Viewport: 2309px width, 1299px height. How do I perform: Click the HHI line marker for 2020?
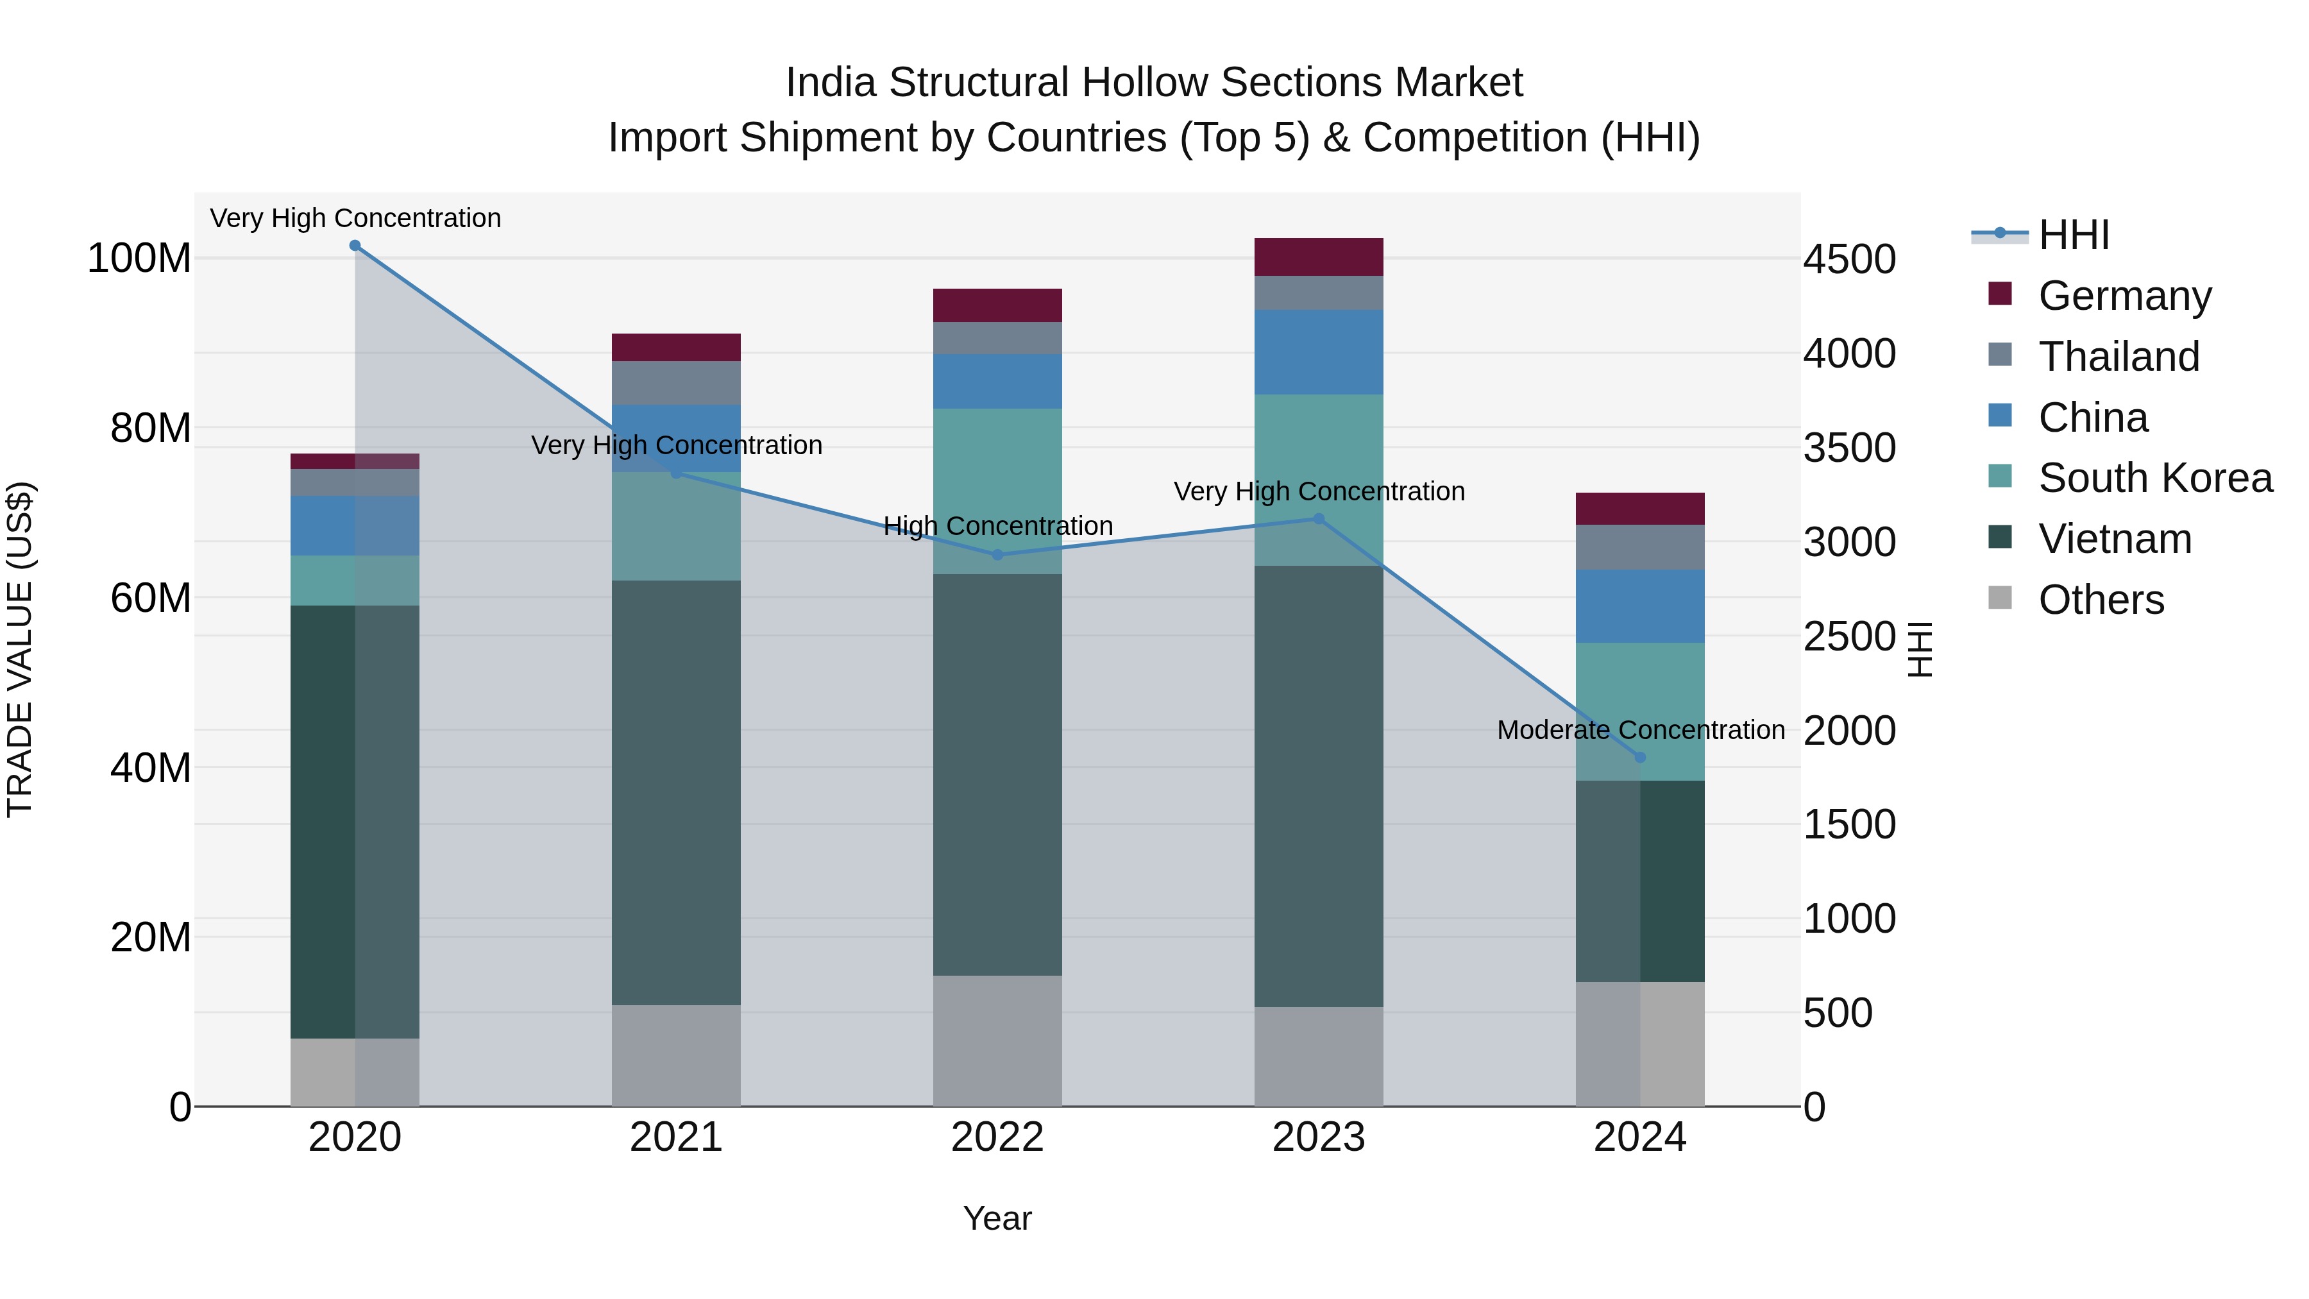(x=355, y=246)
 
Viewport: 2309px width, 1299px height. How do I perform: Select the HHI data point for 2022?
(x=997, y=555)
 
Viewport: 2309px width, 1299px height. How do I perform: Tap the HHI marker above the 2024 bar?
(x=1640, y=758)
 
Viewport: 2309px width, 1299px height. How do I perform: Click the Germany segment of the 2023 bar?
(x=1319, y=257)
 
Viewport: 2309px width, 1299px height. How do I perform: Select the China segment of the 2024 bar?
(x=1640, y=606)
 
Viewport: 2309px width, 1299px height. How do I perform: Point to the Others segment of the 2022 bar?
(x=997, y=1041)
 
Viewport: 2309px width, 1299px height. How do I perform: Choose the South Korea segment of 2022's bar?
(x=997, y=491)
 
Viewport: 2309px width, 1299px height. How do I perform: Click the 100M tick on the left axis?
(x=139, y=258)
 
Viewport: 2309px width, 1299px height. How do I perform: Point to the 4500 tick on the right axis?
(x=1849, y=260)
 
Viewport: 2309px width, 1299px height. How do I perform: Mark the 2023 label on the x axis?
(x=1319, y=1137)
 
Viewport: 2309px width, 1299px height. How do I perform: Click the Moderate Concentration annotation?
(x=1640, y=731)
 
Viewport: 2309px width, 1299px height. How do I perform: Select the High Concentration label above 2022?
(x=997, y=526)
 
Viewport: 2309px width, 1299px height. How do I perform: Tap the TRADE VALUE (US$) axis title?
(x=20, y=649)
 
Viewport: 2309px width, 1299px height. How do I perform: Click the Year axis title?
(x=997, y=1218)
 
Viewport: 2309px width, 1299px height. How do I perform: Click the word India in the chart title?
(x=830, y=83)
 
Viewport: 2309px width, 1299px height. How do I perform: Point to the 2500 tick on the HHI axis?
(x=1849, y=638)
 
